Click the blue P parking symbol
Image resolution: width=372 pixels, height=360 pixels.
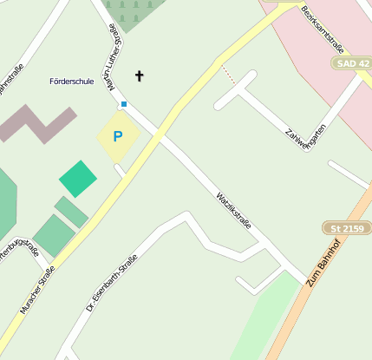pos(118,137)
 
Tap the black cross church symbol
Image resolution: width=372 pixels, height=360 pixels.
pos(140,76)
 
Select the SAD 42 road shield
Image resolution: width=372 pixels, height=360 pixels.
pos(350,64)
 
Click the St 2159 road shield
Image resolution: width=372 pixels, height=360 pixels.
pos(346,228)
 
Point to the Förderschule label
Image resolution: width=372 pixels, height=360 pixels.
pos(72,82)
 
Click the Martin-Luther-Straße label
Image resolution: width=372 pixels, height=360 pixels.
pos(112,57)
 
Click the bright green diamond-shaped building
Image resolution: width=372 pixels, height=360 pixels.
pos(78,179)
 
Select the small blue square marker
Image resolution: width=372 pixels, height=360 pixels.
pos(124,104)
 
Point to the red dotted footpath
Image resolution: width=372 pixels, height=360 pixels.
pos(227,74)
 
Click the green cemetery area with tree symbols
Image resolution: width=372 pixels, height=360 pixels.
pos(134,13)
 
